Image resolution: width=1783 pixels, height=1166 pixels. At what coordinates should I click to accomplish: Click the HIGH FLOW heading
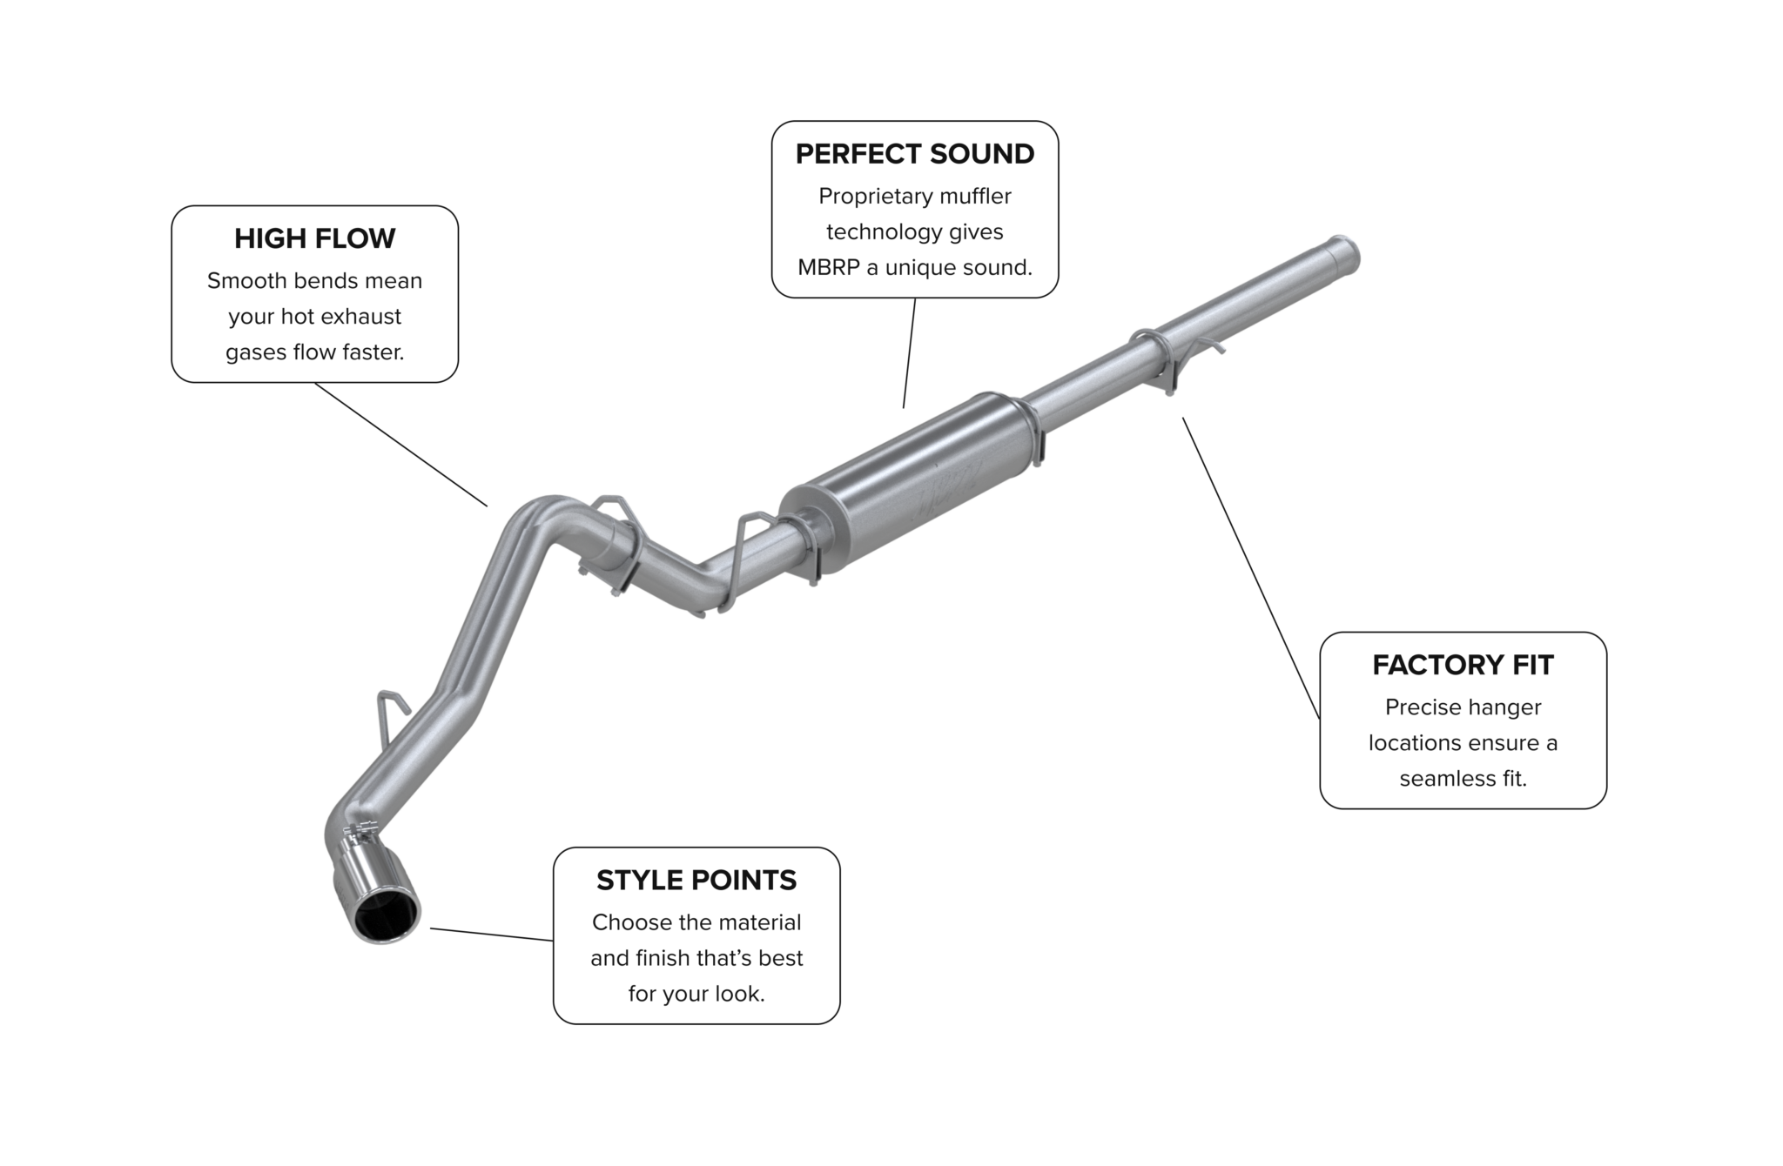(x=314, y=238)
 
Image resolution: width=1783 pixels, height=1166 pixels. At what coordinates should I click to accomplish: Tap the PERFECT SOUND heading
(x=915, y=154)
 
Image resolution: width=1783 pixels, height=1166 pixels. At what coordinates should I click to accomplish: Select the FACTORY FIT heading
(x=1463, y=665)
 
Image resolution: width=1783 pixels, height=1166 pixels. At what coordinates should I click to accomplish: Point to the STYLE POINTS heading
(x=696, y=881)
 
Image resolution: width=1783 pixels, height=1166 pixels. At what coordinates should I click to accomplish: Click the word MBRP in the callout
(x=828, y=267)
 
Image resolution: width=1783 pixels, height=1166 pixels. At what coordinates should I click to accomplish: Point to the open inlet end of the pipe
(x=1345, y=254)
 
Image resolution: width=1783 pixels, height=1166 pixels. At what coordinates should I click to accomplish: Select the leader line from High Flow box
(x=400, y=444)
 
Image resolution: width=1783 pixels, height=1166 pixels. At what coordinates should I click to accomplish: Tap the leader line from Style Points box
(x=492, y=934)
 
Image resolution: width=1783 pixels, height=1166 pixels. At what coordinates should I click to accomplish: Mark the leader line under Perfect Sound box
(x=909, y=352)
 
